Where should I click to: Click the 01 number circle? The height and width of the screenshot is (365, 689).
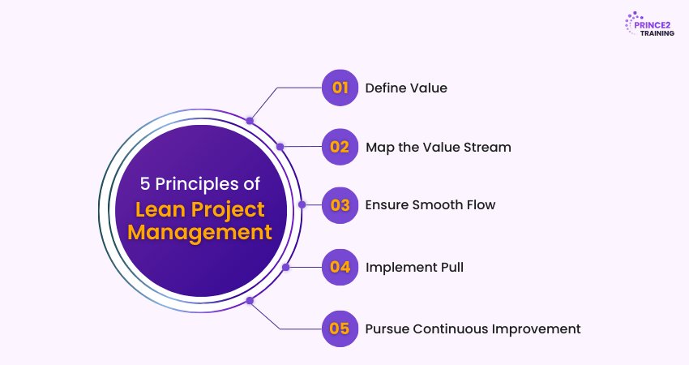(340, 88)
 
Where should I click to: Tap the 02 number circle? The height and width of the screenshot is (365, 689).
(340, 147)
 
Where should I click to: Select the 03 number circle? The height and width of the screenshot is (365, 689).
(340, 204)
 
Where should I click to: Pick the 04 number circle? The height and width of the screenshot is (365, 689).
(340, 267)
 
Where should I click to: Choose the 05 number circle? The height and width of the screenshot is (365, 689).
(340, 328)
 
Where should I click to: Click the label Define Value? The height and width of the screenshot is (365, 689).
(406, 88)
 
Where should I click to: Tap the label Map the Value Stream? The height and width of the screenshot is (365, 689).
(439, 148)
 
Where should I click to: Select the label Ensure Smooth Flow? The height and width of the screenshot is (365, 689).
(430, 205)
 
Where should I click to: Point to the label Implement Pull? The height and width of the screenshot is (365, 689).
(414, 267)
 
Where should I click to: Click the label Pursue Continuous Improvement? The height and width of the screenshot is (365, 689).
(473, 328)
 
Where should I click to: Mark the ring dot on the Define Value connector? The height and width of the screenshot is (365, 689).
(250, 121)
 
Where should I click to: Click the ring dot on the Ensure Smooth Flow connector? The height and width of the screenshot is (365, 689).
(302, 204)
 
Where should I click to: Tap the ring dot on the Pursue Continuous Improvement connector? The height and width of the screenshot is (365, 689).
(250, 300)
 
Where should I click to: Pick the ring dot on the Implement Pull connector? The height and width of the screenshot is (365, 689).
(285, 267)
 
